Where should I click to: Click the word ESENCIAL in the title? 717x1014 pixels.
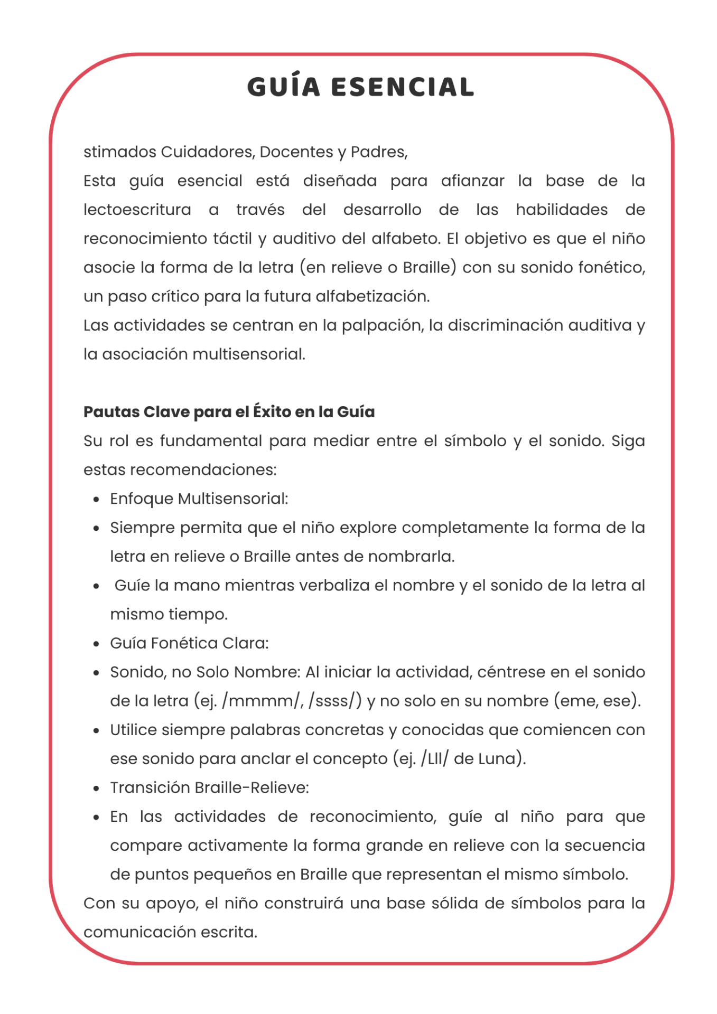pos(403,88)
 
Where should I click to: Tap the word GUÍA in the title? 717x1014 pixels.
pos(284,88)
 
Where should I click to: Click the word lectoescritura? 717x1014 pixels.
pos(137,210)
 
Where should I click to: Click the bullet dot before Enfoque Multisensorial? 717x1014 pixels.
pos(96,499)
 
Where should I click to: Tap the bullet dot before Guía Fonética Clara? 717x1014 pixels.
pos(96,644)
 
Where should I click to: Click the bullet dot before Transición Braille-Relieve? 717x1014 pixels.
pos(96,788)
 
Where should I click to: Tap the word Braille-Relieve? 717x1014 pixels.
pos(252,788)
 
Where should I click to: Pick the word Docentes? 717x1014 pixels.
pos(296,152)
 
